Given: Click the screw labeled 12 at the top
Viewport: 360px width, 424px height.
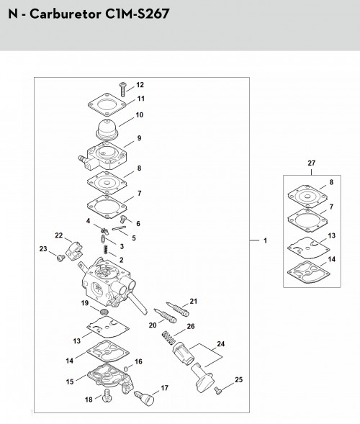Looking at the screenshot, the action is [x=123, y=89].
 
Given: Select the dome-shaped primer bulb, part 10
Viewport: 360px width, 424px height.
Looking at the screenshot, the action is [x=108, y=130].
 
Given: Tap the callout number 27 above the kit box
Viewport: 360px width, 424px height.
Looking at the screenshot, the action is [x=312, y=163].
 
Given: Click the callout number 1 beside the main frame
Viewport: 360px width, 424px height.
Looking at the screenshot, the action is [x=266, y=240].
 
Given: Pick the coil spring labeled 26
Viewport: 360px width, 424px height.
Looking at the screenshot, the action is [x=168, y=338].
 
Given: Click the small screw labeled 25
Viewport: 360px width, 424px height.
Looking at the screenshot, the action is [x=217, y=390].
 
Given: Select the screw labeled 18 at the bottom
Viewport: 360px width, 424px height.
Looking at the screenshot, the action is [x=108, y=396].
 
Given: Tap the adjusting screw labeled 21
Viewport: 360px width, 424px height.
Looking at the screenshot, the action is [x=178, y=309].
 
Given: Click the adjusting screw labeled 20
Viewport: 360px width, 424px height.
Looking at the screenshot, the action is [x=165, y=315].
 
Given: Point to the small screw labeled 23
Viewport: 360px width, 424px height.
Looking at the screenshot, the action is [x=61, y=258].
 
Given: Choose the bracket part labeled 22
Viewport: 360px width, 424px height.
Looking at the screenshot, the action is [x=74, y=251].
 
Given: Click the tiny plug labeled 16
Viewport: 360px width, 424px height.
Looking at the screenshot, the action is [x=126, y=369].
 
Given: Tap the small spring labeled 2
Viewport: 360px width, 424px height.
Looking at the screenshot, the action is [x=106, y=249].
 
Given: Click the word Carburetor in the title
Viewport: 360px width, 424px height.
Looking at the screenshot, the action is [x=66, y=14].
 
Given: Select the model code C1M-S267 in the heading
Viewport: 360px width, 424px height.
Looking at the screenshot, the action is [x=137, y=14].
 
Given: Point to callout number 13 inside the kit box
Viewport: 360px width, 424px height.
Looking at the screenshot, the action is [x=332, y=235].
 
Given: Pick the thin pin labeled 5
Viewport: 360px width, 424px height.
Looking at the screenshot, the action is [x=120, y=228].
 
